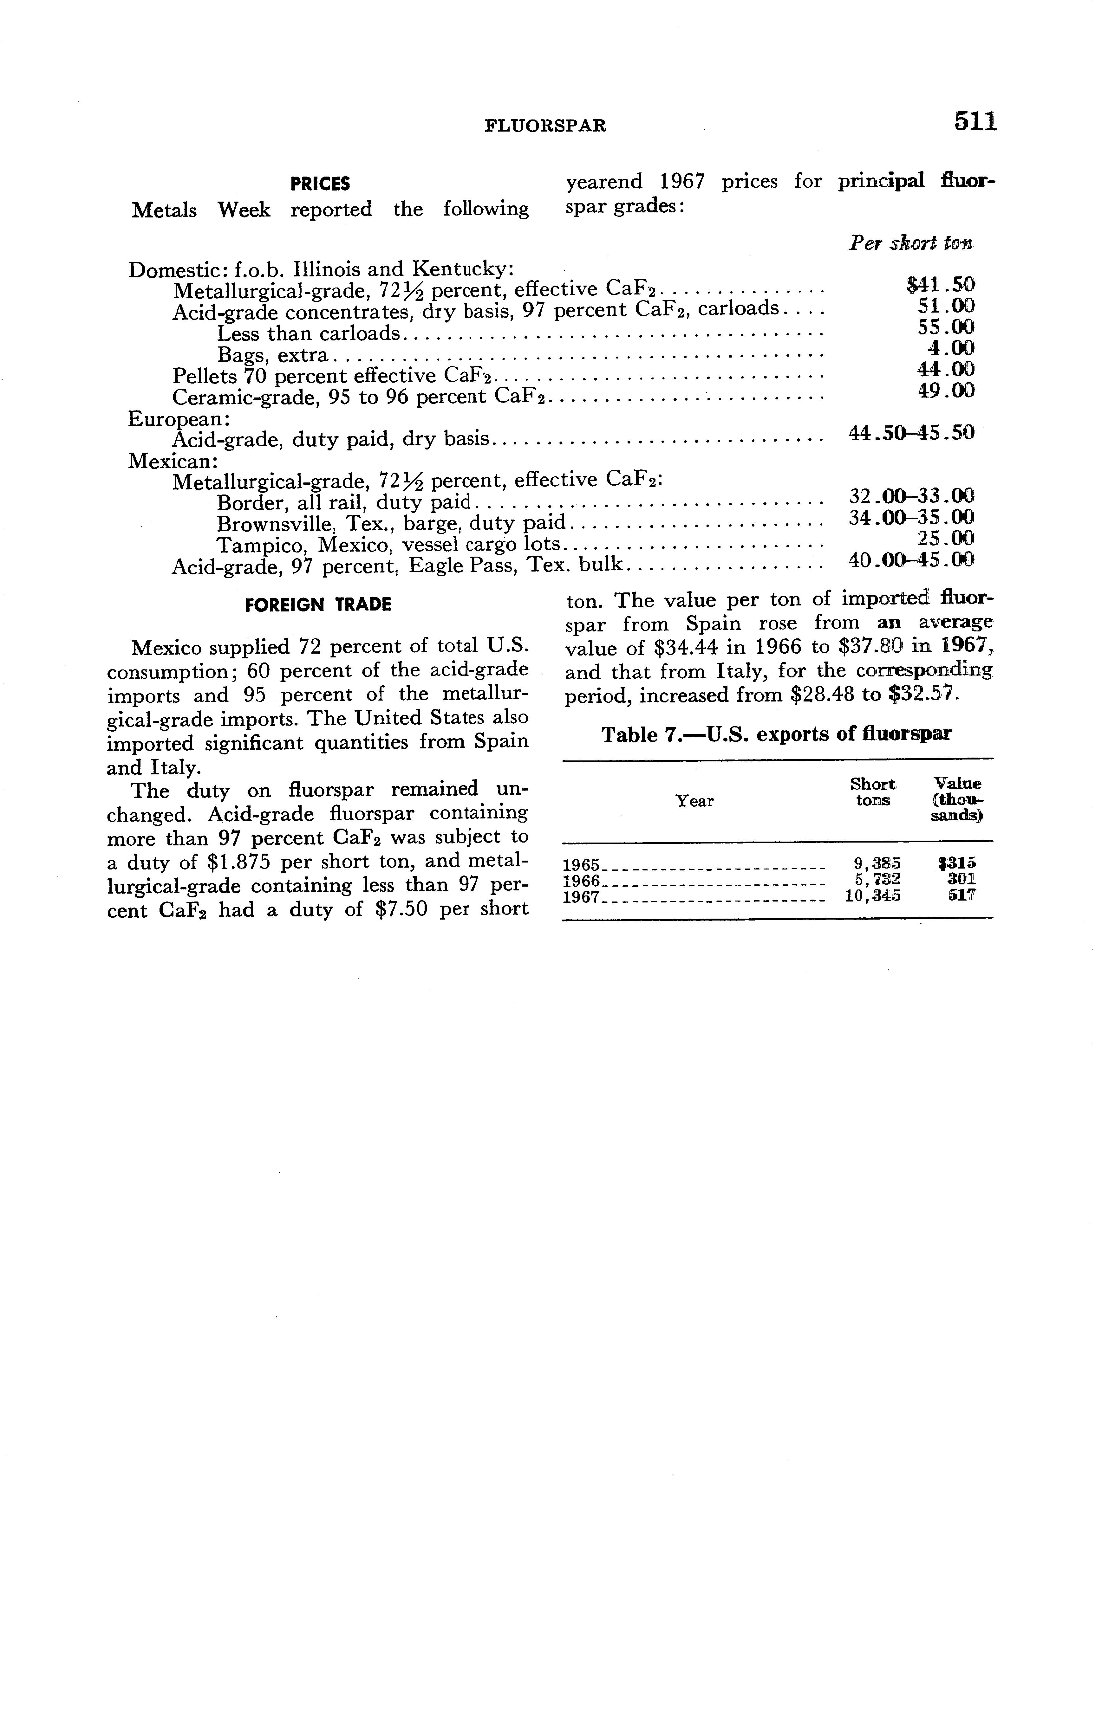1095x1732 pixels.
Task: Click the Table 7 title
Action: pos(776,734)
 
